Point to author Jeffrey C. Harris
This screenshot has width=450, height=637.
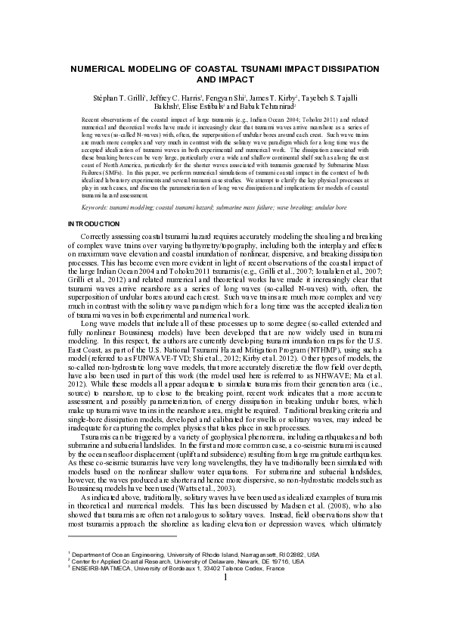click(x=175, y=98)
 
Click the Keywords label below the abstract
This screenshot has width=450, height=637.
click(x=99, y=207)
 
